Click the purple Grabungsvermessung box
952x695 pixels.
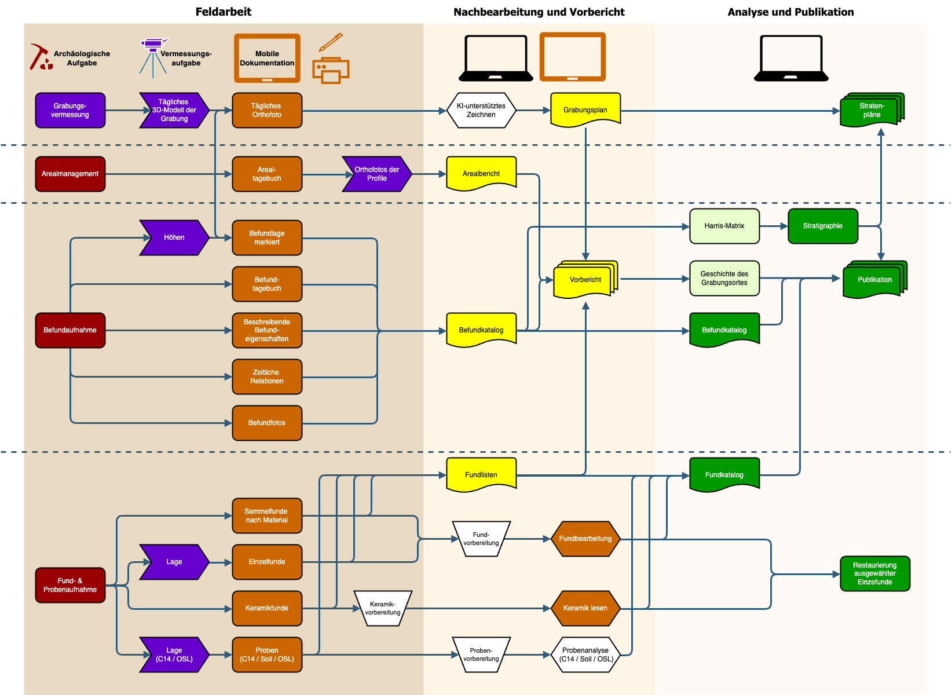click(x=70, y=110)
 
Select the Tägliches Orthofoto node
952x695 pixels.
click(x=267, y=110)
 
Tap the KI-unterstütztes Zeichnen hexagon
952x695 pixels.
click(x=481, y=110)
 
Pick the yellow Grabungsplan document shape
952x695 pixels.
click(x=585, y=109)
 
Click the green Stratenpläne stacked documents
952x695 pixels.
click(x=872, y=109)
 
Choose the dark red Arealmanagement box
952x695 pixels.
click(x=70, y=174)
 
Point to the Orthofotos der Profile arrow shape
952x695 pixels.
click(x=376, y=174)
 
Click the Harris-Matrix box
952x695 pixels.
click(x=724, y=226)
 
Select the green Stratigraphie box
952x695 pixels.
click(x=823, y=226)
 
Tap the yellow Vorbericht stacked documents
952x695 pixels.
click(x=585, y=280)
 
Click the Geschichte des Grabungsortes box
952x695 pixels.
click(x=724, y=278)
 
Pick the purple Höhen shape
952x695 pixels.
click(x=174, y=237)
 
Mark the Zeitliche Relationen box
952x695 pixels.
click(x=267, y=376)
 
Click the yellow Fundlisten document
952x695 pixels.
click(x=481, y=474)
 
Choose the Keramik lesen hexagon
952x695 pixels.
click(x=585, y=608)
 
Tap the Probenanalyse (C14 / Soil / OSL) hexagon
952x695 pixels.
click(x=585, y=654)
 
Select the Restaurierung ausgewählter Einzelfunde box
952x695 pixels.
click(x=875, y=573)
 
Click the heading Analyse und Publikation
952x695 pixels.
click(x=790, y=12)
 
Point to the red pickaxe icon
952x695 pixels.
click(x=41, y=57)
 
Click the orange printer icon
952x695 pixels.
click(x=331, y=70)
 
